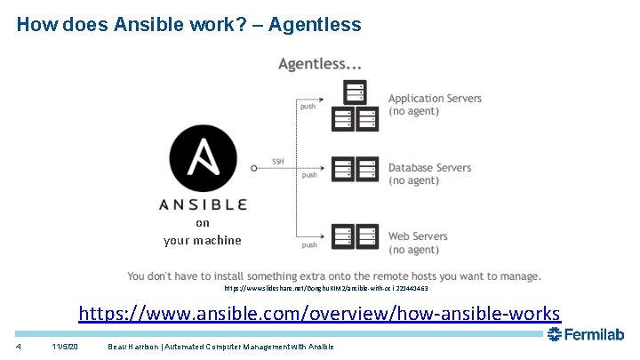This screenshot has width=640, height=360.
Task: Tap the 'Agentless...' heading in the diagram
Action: coord(319,64)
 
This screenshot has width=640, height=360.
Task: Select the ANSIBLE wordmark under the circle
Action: coord(203,204)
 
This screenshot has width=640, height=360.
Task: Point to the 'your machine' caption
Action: coord(203,240)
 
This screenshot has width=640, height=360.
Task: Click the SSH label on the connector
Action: coord(278,161)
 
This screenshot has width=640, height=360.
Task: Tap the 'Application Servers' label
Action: coord(435,98)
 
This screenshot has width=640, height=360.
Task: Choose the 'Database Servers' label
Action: coord(429,168)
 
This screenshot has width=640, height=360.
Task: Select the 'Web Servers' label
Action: coord(418,236)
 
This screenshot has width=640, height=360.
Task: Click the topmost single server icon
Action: coord(356,92)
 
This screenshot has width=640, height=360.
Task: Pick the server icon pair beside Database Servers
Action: coord(356,168)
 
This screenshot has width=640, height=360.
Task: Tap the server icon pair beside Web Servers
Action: coord(356,236)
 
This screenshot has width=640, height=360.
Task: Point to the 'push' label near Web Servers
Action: coord(309,244)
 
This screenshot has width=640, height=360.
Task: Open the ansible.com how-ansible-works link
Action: coord(320,314)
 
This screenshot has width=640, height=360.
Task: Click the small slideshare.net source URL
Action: coord(326,289)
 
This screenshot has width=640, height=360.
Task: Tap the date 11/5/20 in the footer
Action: coord(65,346)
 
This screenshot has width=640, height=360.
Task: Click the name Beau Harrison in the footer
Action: coord(137,346)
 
